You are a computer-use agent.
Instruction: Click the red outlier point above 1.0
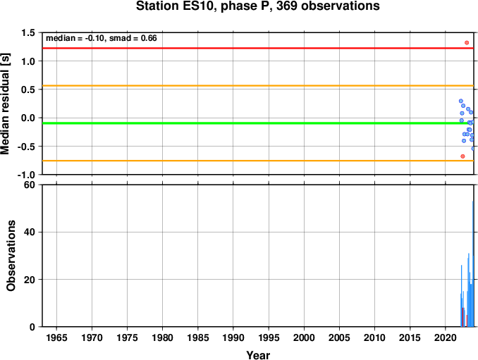tap(467, 43)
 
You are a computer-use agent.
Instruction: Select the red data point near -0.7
tap(462, 156)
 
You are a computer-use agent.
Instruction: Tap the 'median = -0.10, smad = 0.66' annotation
tap(102, 38)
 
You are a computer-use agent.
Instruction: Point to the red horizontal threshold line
tap(258, 48)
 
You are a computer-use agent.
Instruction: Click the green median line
tap(258, 123)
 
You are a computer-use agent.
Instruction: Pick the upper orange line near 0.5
tap(258, 85)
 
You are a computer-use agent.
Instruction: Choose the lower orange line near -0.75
tap(258, 161)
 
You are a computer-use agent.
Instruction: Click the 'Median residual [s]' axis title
tap(5, 104)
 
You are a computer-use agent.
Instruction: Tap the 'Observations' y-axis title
tap(11, 256)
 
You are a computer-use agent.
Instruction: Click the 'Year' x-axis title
tap(258, 355)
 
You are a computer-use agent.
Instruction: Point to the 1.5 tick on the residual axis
tap(28, 32)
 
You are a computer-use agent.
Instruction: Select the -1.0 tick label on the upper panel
tap(26, 175)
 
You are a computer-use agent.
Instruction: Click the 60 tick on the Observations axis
tap(30, 185)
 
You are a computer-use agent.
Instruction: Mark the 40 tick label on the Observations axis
tap(30, 232)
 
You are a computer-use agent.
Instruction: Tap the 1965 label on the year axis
tap(56, 337)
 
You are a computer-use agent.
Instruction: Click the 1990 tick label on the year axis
tap(233, 337)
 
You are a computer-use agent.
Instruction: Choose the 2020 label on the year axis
tap(446, 337)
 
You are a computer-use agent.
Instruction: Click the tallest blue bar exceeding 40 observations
tap(473, 263)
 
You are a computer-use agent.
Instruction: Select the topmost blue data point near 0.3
tap(461, 101)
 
